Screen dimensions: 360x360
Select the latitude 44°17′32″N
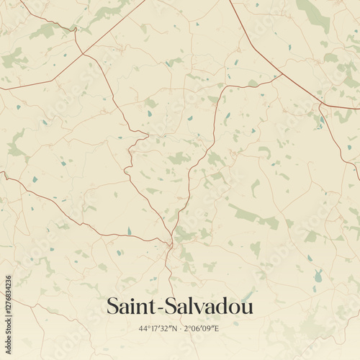click(158, 328)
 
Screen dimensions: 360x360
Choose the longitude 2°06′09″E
click(202, 328)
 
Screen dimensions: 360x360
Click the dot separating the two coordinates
click(181, 328)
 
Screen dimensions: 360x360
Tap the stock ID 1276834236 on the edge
click(6, 301)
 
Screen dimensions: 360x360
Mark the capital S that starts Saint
click(112, 306)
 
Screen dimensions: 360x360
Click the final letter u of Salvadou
click(248, 307)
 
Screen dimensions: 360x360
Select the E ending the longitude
click(217, 328)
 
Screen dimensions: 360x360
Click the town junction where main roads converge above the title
click(170, 245)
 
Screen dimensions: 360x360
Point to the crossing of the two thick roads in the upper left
click(81, 53)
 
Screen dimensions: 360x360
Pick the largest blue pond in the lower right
click(318, 276)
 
